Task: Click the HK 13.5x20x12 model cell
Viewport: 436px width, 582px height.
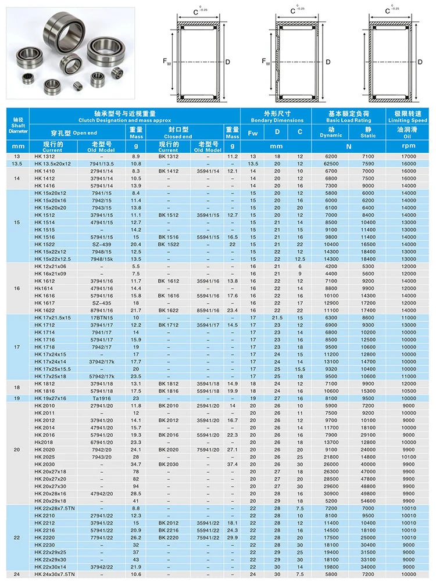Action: (x=52, y=164)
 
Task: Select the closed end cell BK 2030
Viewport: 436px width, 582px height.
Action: (x=169, y=464)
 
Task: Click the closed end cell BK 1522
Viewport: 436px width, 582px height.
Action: (x=169, y=245)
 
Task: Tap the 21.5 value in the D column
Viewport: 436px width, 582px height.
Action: (x=277, y=318)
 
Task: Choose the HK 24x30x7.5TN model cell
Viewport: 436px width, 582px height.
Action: (x=56, y=574)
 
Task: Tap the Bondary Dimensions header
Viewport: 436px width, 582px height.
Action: (x=276, y=120)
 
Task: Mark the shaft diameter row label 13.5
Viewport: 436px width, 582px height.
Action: (x=17, y=164)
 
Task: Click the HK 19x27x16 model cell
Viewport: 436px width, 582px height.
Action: (x=52, y=398)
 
